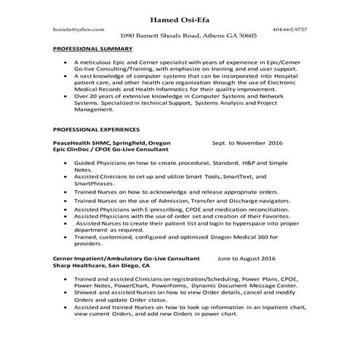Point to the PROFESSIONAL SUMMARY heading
click(93, 49)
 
